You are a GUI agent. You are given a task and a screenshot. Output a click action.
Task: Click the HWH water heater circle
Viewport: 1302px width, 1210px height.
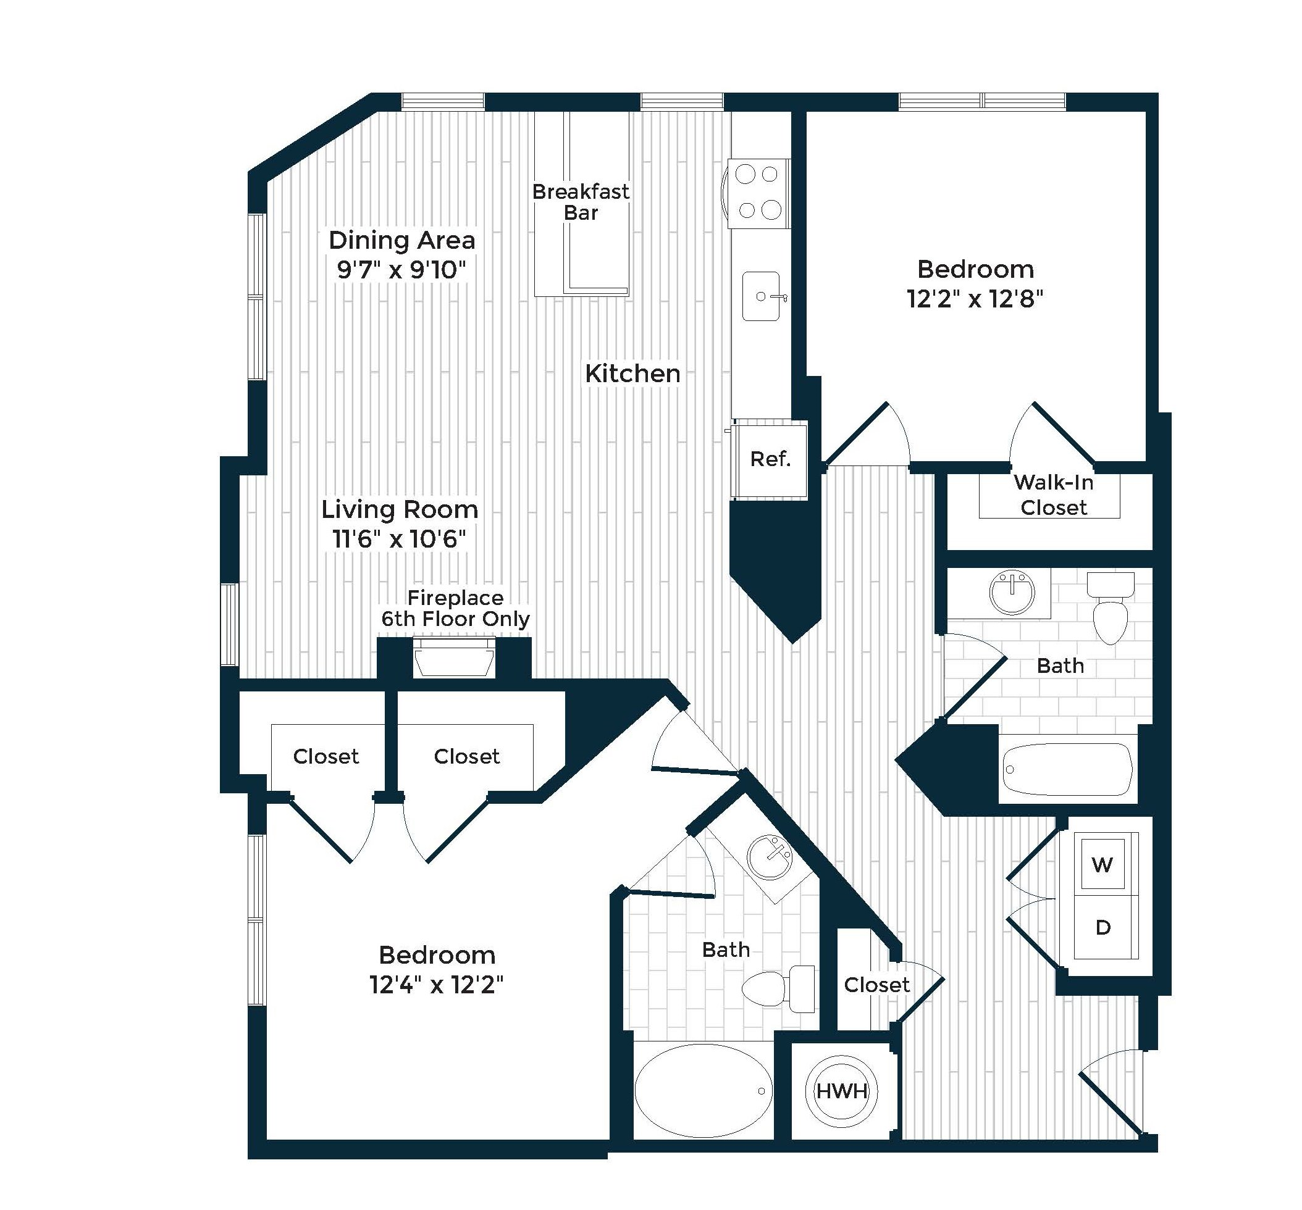coord(842,1091)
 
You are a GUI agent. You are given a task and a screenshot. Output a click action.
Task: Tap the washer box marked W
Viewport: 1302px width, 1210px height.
coord(1103,865)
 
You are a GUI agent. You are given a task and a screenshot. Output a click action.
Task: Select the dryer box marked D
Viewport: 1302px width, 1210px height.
coord(1103,927)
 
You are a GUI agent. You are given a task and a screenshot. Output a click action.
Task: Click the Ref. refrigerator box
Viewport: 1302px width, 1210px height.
coord(770,459)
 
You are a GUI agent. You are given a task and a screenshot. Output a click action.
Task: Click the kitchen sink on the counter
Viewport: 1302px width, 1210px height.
coord(761,296)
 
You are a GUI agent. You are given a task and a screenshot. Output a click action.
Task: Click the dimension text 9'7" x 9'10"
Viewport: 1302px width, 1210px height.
coord(401,269)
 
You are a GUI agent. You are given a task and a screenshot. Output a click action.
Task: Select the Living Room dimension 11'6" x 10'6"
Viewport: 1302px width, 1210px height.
coord(399,539)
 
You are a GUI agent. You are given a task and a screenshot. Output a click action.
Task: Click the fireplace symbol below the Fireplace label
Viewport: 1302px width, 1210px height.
coord(454,658)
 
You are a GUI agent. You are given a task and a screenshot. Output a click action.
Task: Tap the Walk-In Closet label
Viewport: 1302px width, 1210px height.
coord(1053,495)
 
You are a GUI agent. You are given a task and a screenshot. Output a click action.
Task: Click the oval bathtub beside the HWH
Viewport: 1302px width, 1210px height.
coord(703,1091)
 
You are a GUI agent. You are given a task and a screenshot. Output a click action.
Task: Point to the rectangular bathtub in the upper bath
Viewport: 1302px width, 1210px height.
coord(1067,769)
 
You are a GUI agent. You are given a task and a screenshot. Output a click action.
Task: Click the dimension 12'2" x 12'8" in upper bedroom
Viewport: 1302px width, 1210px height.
coord(975,299)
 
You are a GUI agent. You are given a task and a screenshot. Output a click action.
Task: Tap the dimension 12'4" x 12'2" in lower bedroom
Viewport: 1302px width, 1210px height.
coord(436,984)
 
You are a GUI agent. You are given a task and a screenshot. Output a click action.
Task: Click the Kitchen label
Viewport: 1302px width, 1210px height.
coord(632,373)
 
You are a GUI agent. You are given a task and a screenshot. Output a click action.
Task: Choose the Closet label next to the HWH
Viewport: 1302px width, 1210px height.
coord(876,985)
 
